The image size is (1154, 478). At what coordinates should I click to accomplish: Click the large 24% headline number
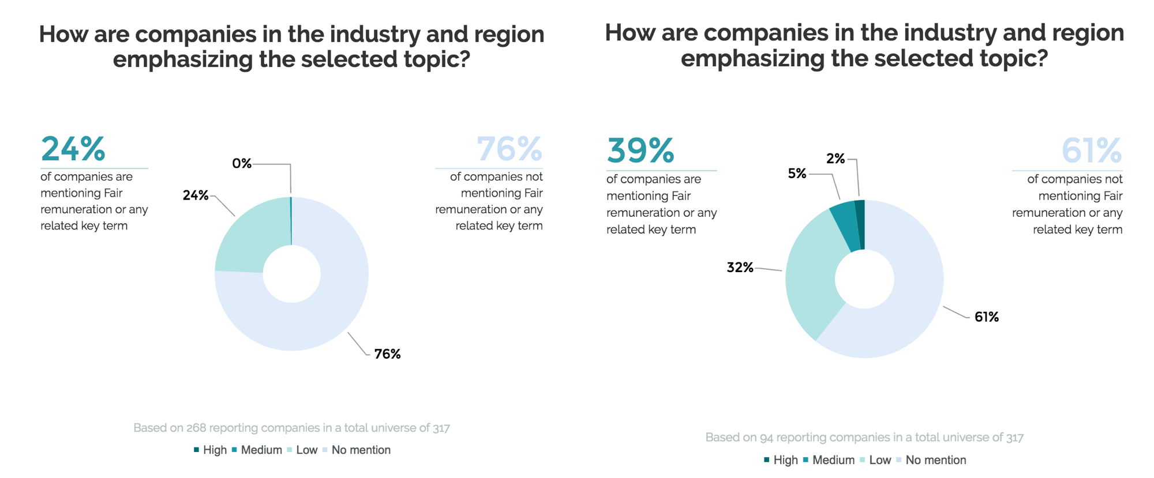(x=73, y=149)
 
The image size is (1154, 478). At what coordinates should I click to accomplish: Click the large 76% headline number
(x=509, y=149)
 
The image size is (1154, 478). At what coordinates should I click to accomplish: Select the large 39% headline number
(x=640, y=150)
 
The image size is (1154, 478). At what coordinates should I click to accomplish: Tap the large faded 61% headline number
(x=1092, y=150)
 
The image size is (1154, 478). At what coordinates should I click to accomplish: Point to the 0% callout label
(x=242, y=164)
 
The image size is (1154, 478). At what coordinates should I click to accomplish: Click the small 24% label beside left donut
(x=196, y=195)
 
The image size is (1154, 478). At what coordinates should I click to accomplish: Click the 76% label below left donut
(x=387, y=354)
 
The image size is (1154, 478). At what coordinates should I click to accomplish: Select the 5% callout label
(x=797, y=174)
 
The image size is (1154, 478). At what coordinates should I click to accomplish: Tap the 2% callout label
(x=835, y=159)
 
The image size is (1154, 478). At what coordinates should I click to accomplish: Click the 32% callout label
(x=740, y=268)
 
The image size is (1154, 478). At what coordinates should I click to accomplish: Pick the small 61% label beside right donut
(x=986, y=317)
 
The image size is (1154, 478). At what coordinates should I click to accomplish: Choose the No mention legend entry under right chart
(x=935, y=460)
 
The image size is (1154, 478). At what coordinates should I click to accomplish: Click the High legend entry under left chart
(x=214, y=450)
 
